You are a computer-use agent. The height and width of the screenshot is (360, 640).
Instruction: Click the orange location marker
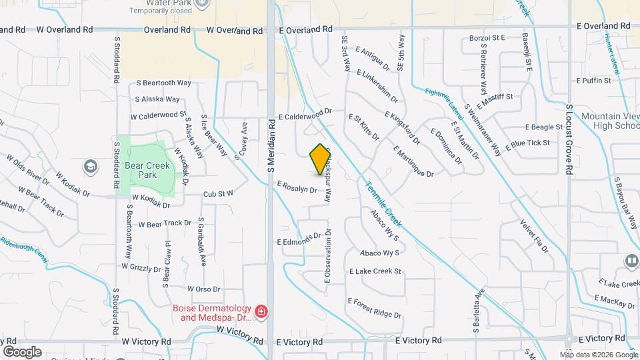321,159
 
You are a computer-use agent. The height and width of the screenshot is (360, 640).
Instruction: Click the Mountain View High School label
610,121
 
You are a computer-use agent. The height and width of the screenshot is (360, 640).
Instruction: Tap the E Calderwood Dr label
305,115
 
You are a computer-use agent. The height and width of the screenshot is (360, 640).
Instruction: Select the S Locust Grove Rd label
569,139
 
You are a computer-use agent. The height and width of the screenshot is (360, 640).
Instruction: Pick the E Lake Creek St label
375,271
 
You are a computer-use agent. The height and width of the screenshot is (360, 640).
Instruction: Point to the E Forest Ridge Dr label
374,308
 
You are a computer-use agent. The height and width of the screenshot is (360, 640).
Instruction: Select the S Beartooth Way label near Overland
163,83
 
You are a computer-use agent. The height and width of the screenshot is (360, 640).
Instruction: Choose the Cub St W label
218,193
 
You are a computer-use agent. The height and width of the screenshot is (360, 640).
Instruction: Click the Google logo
22,351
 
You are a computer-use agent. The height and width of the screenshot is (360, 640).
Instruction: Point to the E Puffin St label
591,81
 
